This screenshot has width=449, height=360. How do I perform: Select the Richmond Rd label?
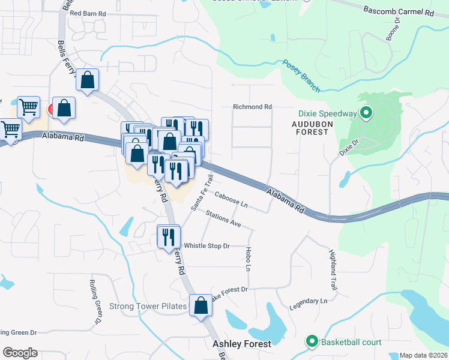pyautogui.click(x=252, y=107)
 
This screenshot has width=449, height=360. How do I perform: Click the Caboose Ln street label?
pyautogui.click(x=231, y=200)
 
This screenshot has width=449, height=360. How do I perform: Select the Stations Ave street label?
pyautogui.click(x=223, y=218)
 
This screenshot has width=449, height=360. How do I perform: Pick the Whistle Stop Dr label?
pyautogui.click(x=206, y=246)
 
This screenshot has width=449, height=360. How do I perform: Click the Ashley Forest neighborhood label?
pyautogui.click(x=242, y=344)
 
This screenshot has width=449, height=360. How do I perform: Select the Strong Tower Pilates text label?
pyautogui.click(x=148, y=307)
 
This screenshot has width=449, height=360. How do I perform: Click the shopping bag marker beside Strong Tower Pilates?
pyautogui.click(x=201, y=305)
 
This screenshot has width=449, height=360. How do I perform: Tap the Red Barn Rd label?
pyautogui.click(x=88, y=13)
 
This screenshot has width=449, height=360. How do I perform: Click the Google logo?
pyautogui.click(x=20, y=353)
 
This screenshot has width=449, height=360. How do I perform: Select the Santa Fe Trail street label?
pyautogui.click(x=202, y=192)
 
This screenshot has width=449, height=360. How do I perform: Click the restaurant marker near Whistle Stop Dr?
pyautogui.click(x=169, y=236)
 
